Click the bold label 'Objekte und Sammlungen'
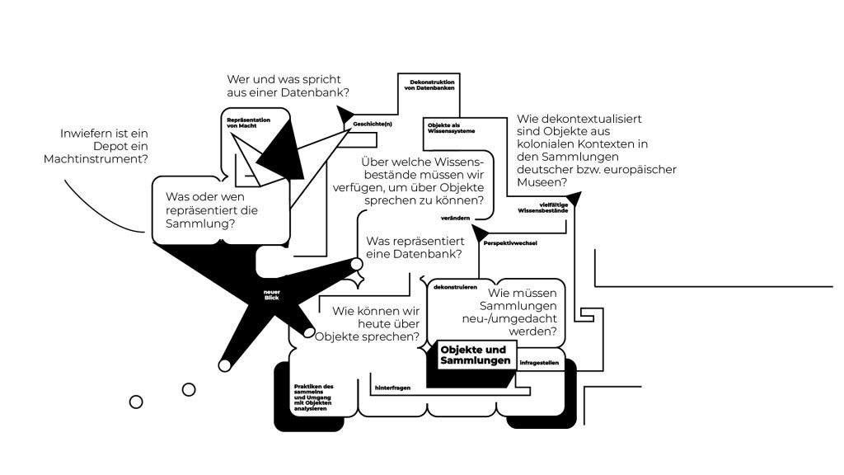(475, 355)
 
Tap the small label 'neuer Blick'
(272, 295)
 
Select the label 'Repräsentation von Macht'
(248, 122)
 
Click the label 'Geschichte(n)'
(373, 124)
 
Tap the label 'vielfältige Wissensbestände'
(542, 208)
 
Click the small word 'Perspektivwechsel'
(510, 243)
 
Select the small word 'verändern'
(455, 217)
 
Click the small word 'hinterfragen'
(392, 387)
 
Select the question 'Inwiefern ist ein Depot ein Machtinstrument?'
(103, 146)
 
